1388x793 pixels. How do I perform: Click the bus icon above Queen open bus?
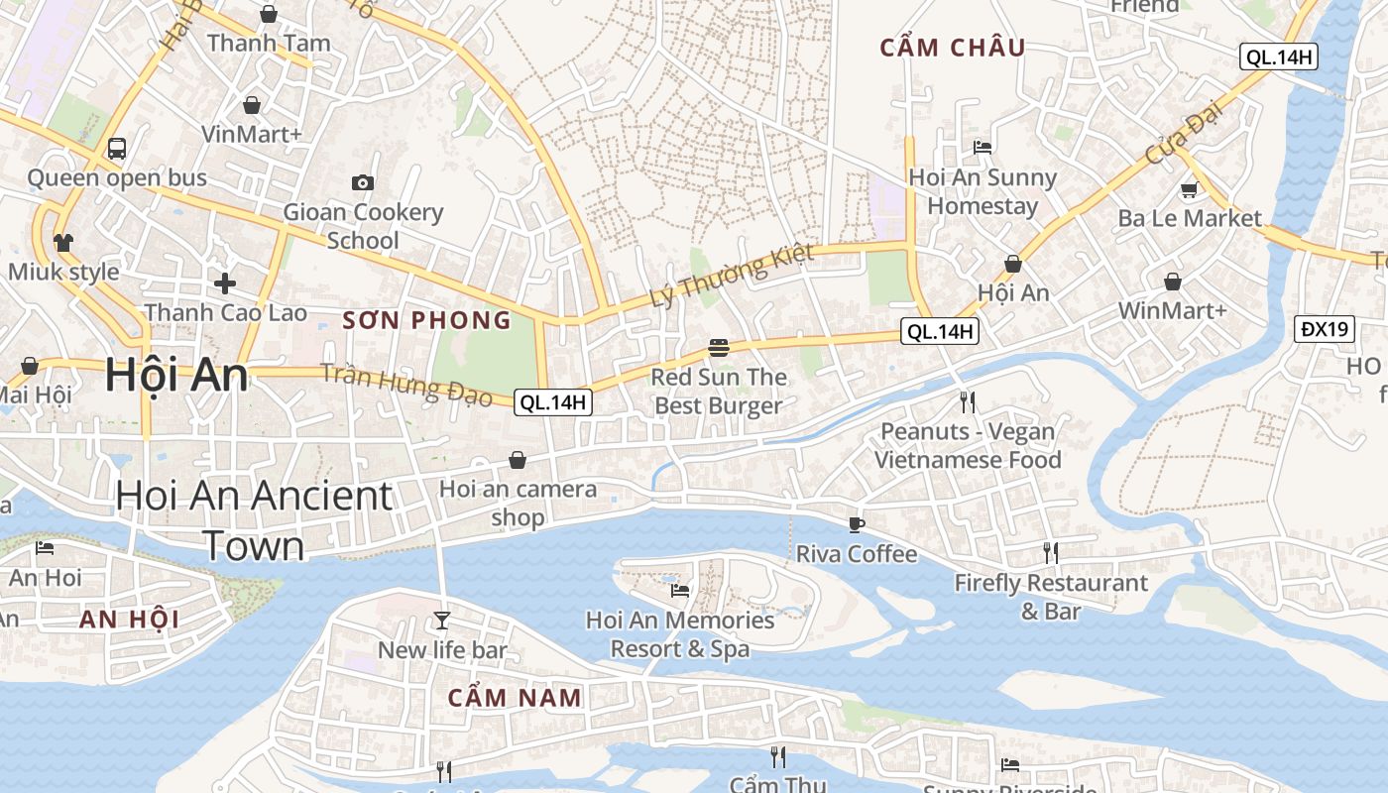[x=117, y=149]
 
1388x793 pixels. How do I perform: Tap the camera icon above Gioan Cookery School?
[x=363, y=182]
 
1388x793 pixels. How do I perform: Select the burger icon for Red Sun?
[x=719, y=348]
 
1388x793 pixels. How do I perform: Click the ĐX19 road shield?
[x=1325, y=329]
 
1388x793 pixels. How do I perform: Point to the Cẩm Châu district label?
[x=953, y=48]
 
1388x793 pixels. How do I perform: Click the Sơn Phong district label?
[x=427, y=320]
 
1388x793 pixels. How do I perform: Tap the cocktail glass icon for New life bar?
[x=442, y=621]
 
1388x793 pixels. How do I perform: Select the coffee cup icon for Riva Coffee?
[x=857, y=524]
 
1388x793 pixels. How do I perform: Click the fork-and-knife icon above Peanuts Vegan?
[x=968, y=401]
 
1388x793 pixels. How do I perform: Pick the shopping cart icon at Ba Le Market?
[x=1189, y=189]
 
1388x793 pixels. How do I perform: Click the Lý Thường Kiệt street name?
[x=732, y=275]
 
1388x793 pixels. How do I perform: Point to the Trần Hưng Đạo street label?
[x=406, y=386]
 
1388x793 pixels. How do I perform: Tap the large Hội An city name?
[x=176, y=376]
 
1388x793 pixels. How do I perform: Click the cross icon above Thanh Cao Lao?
[x=225, y=283]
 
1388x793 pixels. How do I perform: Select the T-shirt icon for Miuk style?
[x=63, y=243]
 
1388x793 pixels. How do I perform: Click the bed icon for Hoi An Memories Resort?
[x=679, y=591]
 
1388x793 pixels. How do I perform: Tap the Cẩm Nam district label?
[x=515, y=698]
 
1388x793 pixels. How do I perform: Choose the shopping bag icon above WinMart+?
[x=1173, y=282]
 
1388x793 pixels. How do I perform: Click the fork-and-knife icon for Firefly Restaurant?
[x=1050, y=553]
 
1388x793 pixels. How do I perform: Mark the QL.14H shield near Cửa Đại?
[x=1279, y=57]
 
